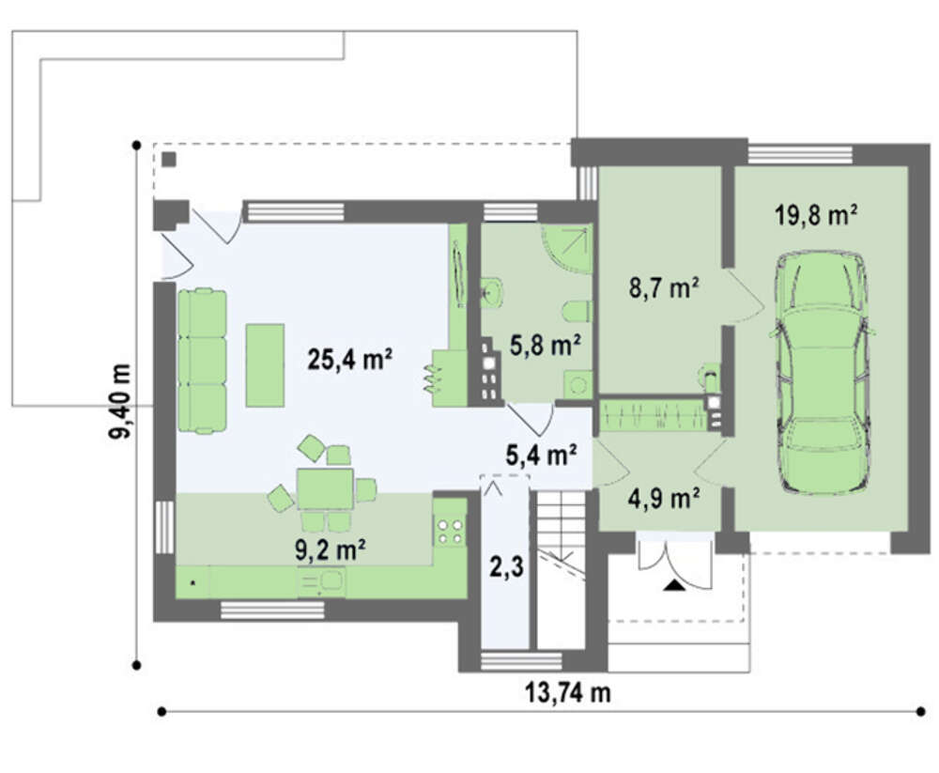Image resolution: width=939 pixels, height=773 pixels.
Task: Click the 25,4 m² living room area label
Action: [x=350, y=360]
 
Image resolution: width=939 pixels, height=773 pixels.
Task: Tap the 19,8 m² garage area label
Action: [x=815, y=215]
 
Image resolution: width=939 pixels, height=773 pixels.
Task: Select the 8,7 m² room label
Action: [x=663, y=289]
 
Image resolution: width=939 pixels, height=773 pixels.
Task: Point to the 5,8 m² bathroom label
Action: [x=545, y=345]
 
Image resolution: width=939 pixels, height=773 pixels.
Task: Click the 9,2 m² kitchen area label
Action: [x=331, y=549]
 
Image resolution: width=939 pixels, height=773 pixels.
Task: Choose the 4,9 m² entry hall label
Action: [x=664, y=498]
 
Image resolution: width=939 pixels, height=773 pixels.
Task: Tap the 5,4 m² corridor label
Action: [x=542, y=455]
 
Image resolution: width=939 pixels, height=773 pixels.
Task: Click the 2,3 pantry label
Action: [x=507, y=567]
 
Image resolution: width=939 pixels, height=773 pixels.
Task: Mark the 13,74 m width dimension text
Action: [x=568, y=693]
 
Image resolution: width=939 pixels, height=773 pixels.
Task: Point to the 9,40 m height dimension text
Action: [x=120, y=401]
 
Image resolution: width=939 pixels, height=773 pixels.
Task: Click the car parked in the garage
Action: [x=822, y=373]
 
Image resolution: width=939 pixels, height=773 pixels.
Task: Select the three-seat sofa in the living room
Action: [x=203, y=361]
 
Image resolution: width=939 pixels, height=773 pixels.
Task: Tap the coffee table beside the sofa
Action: [x=265, y=365]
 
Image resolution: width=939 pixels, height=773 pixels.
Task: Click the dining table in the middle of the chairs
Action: [x=325, y=489]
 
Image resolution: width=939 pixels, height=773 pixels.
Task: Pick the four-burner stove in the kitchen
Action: [x=451, y=531]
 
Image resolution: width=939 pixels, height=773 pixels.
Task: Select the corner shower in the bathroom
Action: [x=567, y=249]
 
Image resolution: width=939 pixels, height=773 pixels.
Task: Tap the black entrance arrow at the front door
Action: [x=675, y=585]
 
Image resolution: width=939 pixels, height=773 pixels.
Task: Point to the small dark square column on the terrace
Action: [x=169, y=160]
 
